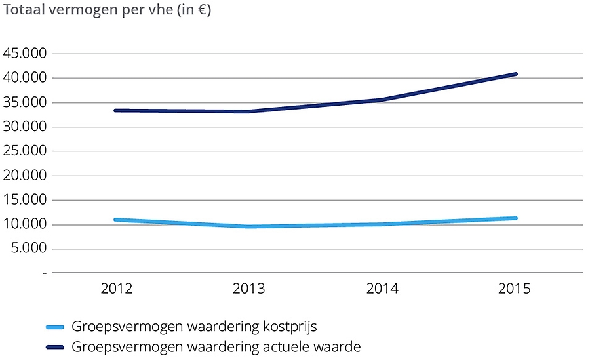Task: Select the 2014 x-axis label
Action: click(x=383, y=289)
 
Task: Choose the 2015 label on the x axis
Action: click(x=515, y=289)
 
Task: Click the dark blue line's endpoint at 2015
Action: click(x=515, y=74)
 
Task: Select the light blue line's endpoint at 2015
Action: click(x=515, y=218)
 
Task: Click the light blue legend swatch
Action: click(x=56, y=327)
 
